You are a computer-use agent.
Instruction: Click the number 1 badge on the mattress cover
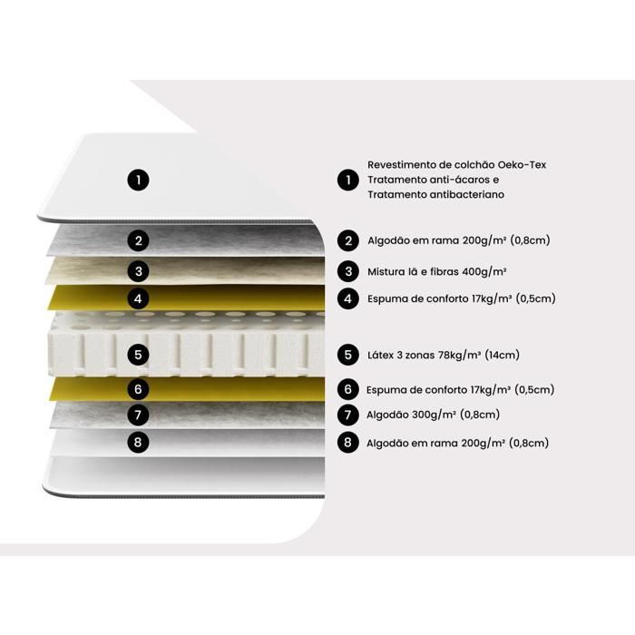click(139, 180)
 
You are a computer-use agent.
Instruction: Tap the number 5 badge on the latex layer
click(139, 355)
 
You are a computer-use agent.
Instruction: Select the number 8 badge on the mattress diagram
click(139, 442)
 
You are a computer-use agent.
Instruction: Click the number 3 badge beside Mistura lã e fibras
click(348, 271)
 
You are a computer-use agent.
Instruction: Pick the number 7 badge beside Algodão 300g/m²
click(348, 415)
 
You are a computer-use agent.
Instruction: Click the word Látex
click(380, 356)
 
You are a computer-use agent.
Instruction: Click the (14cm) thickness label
click(502, 356)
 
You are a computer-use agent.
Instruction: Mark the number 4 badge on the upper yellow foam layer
click(139, 298)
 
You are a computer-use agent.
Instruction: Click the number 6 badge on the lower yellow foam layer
click(139, 389)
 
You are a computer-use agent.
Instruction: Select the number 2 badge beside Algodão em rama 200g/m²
click(348, 241)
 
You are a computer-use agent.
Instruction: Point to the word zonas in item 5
click(419, 356)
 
